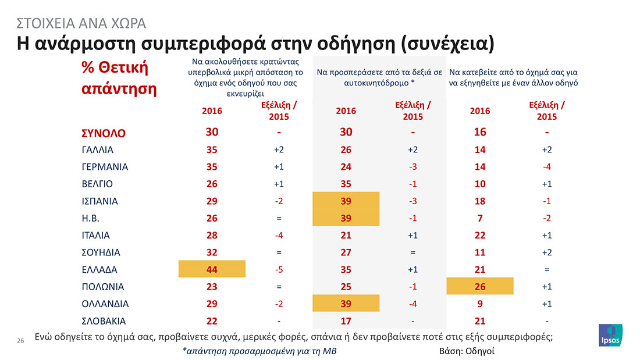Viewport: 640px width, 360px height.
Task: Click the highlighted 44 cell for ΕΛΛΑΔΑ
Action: click(x=212, y=269)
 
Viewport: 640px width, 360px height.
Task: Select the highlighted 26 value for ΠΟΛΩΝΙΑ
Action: click(x=480, y=287)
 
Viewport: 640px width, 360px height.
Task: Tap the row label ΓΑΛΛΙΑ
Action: click(x=97, y=149)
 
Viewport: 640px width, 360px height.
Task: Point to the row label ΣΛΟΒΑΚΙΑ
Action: click(x=104, y=320)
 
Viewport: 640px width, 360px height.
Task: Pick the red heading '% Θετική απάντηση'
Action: click(x=115, y=79)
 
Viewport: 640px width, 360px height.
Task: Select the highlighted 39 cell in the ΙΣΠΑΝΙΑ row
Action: click(x=346, y=201)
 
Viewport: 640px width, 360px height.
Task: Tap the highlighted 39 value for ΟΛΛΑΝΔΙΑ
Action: click(x=346, y=304)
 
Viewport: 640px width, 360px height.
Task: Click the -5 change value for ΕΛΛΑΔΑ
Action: click(x=279, y=269)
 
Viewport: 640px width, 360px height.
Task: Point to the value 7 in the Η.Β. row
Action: click(x=480, y=218)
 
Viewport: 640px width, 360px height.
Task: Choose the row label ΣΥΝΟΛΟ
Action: click(x=103, y=133)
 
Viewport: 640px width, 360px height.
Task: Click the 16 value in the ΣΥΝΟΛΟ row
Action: click(x=480, y=132)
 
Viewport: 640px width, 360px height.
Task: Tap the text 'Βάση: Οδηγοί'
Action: click(x=467, y=351)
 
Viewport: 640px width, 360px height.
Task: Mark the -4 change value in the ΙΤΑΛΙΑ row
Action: click(x=279, y=235)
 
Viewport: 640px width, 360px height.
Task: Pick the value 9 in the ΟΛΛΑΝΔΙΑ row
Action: click(x=480, y=304)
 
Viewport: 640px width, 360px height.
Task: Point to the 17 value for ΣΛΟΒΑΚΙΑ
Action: click(x=346, y=320)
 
